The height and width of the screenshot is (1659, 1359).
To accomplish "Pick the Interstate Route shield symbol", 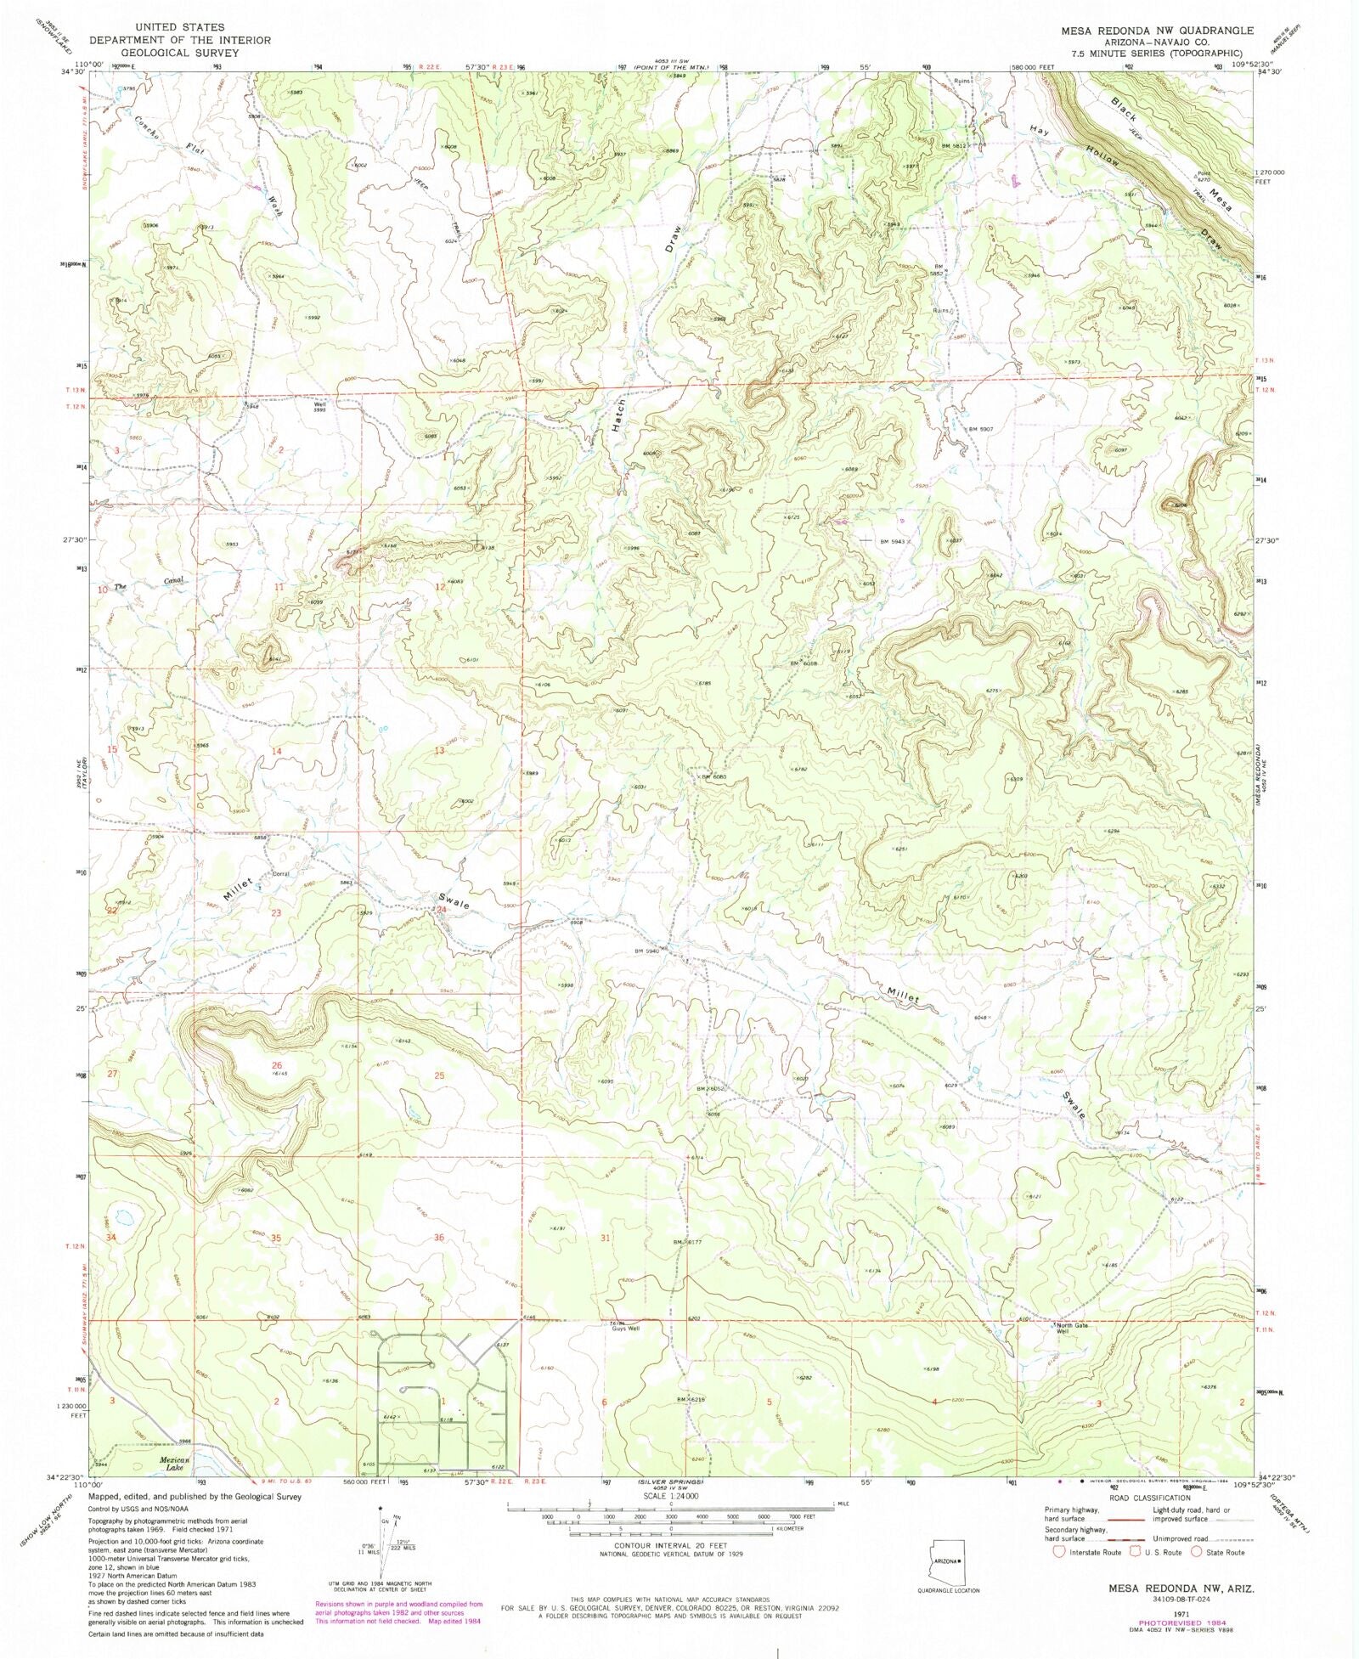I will click(x=1058, y=1551).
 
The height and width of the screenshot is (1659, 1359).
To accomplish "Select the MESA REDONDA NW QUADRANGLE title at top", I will click(x=1156, y=30).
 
